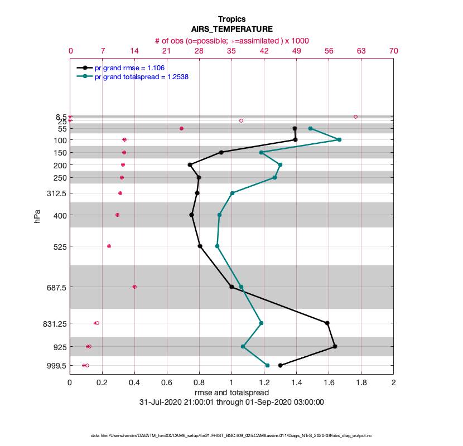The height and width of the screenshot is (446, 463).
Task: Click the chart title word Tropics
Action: click(x=231, y=19)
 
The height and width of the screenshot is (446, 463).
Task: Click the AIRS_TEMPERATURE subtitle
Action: click(x=231, y=29)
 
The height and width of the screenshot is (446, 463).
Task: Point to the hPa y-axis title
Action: click(x=37, y=216)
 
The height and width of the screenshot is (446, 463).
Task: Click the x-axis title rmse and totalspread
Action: click(x=231, y=392)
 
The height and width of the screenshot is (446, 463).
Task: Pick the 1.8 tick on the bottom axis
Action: click(x=361, y=383)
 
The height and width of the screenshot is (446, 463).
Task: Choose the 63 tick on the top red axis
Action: click(x=361, y=51)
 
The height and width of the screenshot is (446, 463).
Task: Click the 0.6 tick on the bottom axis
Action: click(x=167, y=383)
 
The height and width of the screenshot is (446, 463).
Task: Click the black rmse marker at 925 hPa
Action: click(x=335, y=347)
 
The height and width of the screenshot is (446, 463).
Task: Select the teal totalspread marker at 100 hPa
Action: click(x=339, y=140)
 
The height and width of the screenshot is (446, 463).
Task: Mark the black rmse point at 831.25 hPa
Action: click(x=327, y=323)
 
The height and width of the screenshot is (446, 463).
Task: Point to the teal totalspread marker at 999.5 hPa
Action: click(x=267, y=366)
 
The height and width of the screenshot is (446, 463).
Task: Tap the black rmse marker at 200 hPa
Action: click(x=190, y=164)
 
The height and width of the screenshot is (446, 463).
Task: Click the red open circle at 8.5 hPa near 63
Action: click(x=355, y=117)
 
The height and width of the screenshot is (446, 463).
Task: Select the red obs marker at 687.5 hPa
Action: click(x=134, y=287)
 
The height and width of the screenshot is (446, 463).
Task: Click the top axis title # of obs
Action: click(x=231, y=41)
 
